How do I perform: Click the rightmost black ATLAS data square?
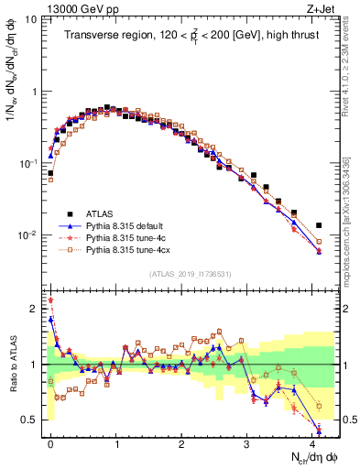click(x=319, y=224)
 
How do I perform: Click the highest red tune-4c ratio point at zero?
click(x=51, y=300)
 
